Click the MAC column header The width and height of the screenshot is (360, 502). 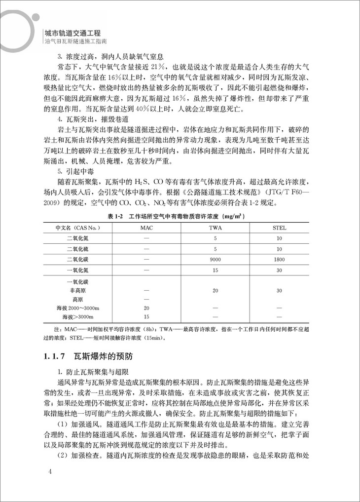[x=146, y=228]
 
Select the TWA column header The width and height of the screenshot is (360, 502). [x=215, y=228]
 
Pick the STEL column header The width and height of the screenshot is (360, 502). [x=279, y=228]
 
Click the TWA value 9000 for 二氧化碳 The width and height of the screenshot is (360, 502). [x=215, y=260]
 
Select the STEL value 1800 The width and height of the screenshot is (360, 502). [x=279, y=260]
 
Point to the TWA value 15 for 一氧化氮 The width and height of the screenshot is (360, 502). [x=215, y=270]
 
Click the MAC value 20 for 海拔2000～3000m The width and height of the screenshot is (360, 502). [x=146, y=308]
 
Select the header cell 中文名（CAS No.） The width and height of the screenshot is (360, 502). [x=78, y=228]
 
